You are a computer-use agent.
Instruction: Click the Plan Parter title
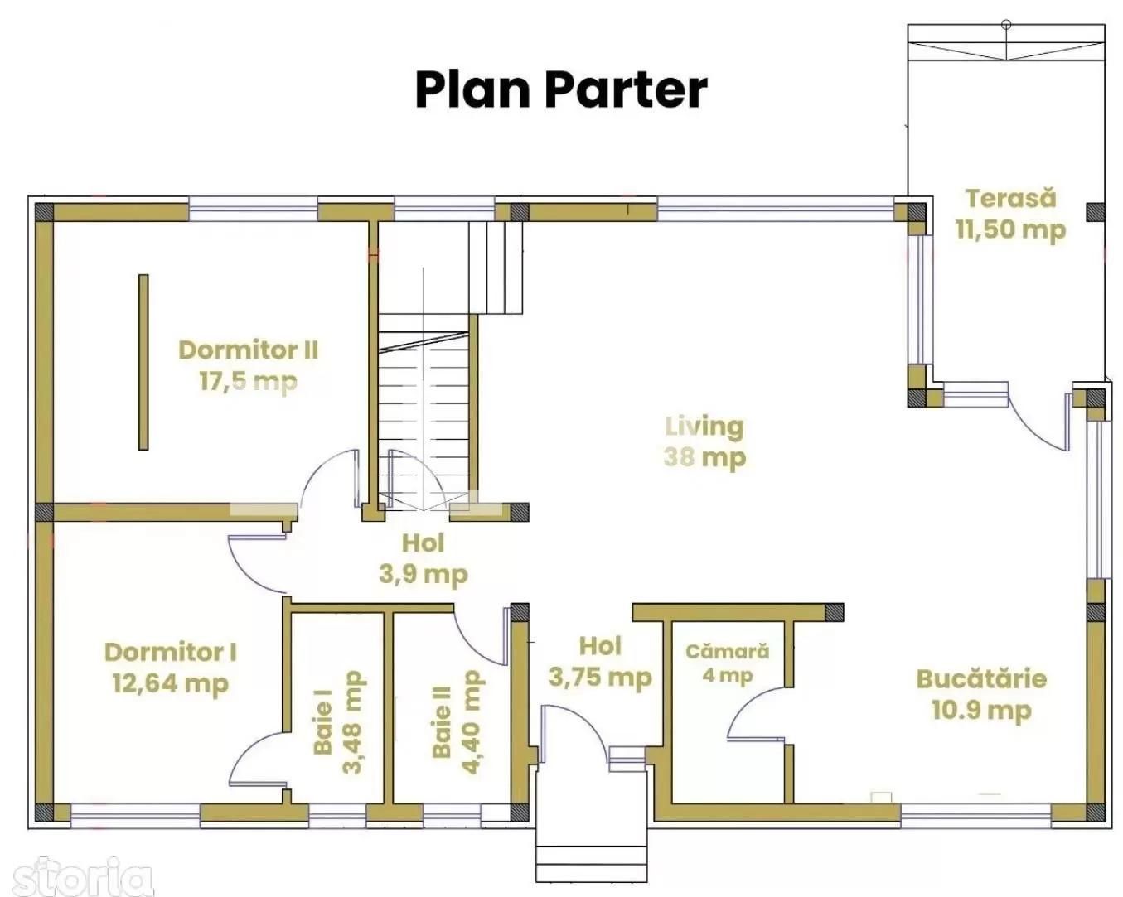[x=560, y=89]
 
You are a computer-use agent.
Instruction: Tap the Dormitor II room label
[x=248, y=350]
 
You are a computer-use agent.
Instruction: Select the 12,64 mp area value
[x=170, y=683]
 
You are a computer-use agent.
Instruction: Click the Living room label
[x=704, y=427]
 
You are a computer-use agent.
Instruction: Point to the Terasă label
[x=1010, y=198]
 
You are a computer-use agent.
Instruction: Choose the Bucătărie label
[x=981, y=679]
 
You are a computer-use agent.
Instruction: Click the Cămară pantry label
[x=727, y=652]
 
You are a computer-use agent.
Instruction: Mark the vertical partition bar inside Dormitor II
[x=143, y=362]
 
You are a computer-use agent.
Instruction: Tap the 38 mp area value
[x=704, y=457]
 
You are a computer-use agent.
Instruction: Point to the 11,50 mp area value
[x=1010, y=229]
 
